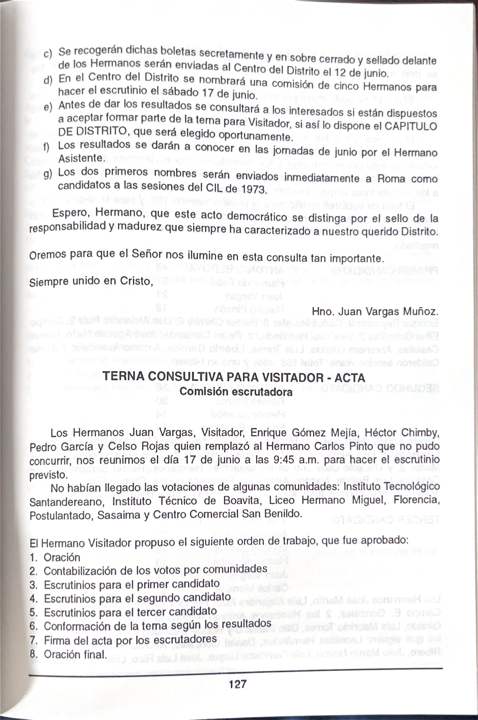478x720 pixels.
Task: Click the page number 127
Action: (237, 684)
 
